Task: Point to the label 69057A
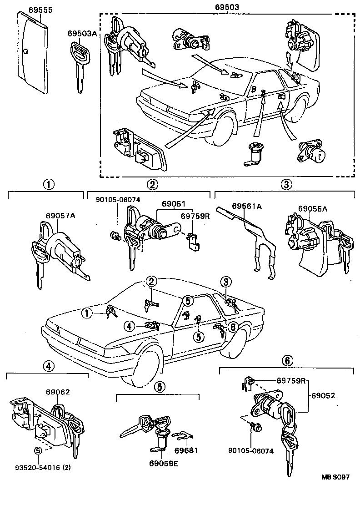pos(59,216)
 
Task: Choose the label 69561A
pos(247,206)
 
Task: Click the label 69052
pos(323,395)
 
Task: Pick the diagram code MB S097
pos(335,477)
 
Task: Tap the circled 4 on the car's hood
pos(130,326)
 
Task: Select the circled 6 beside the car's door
pos(232,326)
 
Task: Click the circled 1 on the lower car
pos(85,313)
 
